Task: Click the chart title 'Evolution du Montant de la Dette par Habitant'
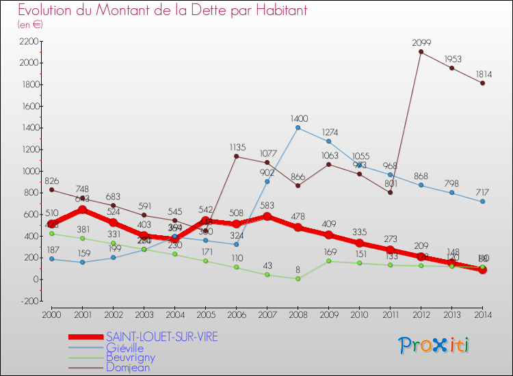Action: click(162, 10)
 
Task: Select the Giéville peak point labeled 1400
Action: click(298, 127)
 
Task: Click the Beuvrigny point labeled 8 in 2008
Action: click(298, 278)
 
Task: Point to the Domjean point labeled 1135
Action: click(237, 156)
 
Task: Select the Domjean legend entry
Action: click(128, 367)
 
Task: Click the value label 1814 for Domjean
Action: click(483, 73)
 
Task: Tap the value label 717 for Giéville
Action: click(483, 191)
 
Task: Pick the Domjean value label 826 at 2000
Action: click(52, 180)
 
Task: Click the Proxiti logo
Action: click(434, 345)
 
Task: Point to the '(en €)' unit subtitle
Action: click(30, 24)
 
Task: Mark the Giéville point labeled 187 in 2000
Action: click(52, 259)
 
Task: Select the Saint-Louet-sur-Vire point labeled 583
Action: click(267, 216)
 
